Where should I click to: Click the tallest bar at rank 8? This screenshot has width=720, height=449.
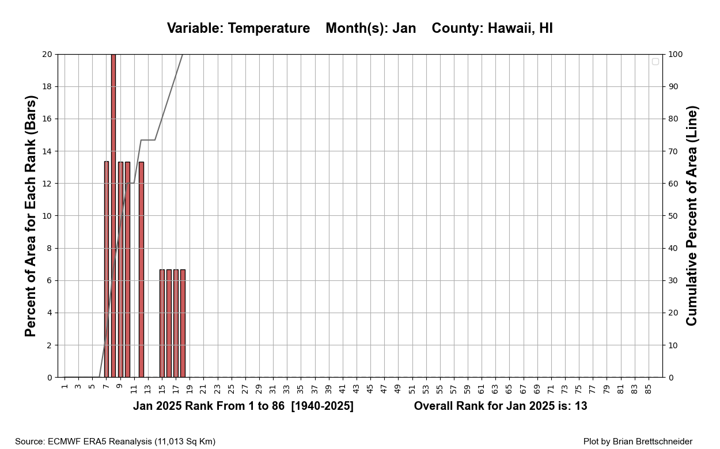pos(113,216)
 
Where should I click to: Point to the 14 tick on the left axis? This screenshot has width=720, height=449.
pos(47,151)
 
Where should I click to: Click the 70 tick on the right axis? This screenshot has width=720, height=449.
pos(673,151)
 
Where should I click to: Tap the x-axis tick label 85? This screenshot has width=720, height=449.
pos(649,390)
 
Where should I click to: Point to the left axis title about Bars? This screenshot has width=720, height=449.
pos(31,216)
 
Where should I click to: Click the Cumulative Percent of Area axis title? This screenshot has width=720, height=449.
pos(692,216)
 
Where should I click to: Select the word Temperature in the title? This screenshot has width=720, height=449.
pos(269,28)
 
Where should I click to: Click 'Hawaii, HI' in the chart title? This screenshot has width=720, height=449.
pos(520,28)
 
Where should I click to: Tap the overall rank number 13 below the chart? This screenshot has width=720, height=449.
pos(580,406)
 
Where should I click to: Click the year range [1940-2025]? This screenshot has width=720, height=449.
pos(322,406)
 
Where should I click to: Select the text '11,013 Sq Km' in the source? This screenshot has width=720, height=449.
pos(185,442)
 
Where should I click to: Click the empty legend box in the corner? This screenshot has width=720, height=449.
pos(655,62)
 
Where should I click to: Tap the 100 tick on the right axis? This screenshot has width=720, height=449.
pos(675,54)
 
